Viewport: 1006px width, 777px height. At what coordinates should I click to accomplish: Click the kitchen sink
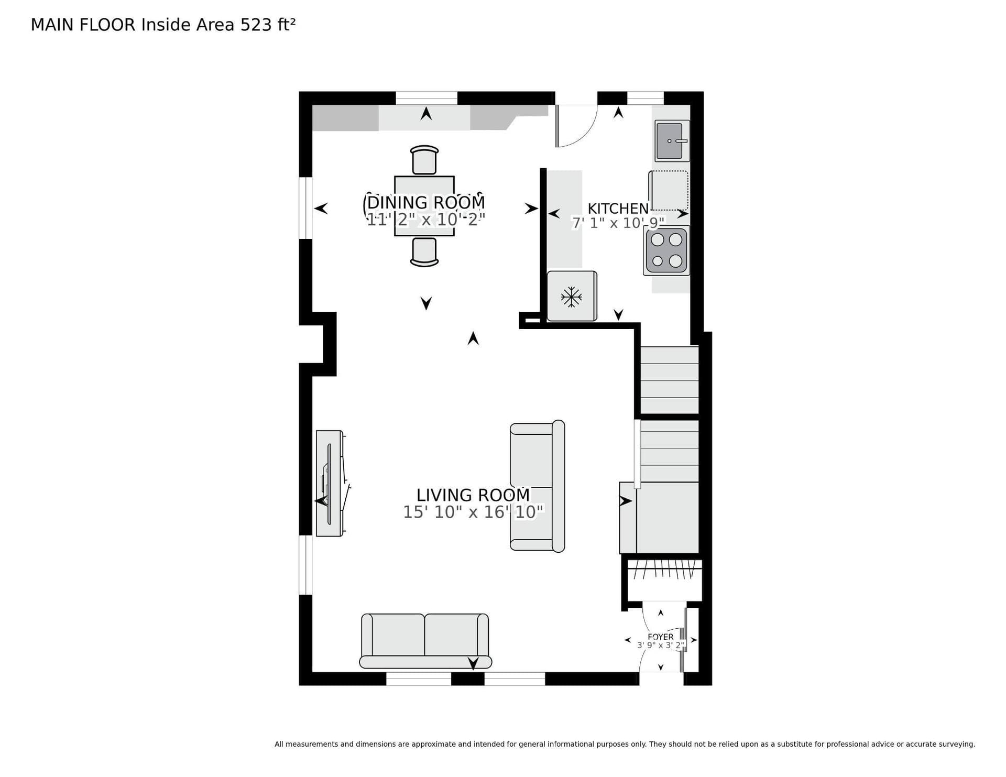[672, 141]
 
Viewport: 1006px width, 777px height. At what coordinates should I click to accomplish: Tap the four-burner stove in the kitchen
[666, 250]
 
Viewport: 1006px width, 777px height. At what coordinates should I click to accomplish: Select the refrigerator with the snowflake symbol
[572, 296]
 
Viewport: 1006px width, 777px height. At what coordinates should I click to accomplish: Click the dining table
[424, 206]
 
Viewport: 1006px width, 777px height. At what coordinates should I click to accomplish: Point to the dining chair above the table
[424, 160]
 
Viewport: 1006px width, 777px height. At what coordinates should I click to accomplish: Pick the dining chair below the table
[424, 252]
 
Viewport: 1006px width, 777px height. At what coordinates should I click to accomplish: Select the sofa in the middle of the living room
[538, 486]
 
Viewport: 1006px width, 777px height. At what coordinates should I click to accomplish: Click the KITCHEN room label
[618, 209]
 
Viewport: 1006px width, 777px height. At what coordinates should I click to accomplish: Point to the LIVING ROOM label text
[473, 495]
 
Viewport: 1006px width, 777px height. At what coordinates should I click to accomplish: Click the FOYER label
[661, 637]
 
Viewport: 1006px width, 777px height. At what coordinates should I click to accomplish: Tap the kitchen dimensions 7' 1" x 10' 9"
[618, 223]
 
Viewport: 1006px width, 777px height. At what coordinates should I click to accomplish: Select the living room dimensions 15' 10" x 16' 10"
[473, 512]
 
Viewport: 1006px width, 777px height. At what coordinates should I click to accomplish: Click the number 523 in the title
[256, 25]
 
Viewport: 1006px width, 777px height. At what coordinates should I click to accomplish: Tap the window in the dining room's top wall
[427, 98]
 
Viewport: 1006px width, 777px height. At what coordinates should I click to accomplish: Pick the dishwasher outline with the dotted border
[669, 190]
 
